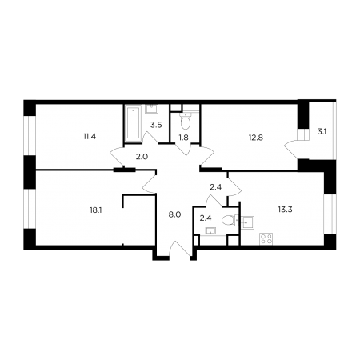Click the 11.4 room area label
click(90, 137)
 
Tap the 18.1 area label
click(96, 210)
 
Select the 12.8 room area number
click(256, 138)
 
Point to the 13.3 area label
click(285, 210)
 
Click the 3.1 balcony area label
click(322, 131)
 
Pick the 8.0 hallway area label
click(175, 214)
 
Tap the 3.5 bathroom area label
click(156, 125)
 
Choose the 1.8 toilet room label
click(183, 138)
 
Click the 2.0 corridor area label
click(142, 157)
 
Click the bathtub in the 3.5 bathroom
click(133, 123)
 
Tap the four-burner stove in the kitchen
click(266, 238)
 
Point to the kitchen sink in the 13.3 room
click(248, 222)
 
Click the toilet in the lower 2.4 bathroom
click(230, 220)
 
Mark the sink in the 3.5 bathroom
click(151, 109)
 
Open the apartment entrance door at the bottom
click(181, 250)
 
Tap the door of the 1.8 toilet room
click(183, 150)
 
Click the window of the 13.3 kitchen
click(330, 214)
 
